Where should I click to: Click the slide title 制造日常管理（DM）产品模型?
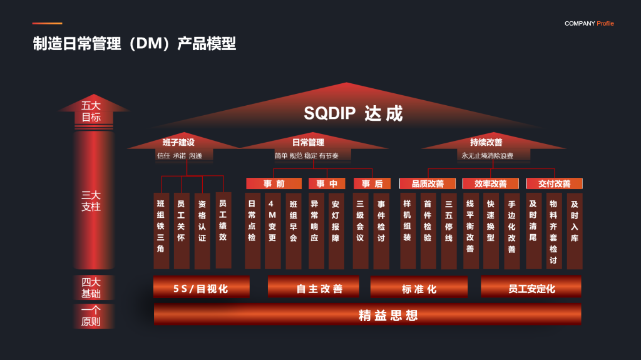point(135,43)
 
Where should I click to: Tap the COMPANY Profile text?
point(589,23)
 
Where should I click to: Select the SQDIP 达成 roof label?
point(353,113)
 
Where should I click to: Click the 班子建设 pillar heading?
point(178,142)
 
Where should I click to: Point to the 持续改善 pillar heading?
point(486,142)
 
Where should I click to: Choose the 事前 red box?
point(274,183)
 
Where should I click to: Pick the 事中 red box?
point(327,183)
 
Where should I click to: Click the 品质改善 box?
point(428,183)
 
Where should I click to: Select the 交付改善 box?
point(555,183)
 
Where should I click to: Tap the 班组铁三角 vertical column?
point(161,231)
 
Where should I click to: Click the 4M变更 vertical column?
point(273,231)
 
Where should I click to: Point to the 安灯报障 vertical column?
point(336,231)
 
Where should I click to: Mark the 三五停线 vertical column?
point(449,231)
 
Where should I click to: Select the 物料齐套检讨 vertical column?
point(554,231)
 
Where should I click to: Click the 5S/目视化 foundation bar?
point(202,287)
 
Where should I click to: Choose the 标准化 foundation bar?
point(419,287)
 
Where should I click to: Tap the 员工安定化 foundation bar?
point(531,287)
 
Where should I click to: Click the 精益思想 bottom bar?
point(367,314)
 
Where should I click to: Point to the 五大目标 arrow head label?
point(91,111)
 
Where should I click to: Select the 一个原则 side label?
point(91,316)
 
